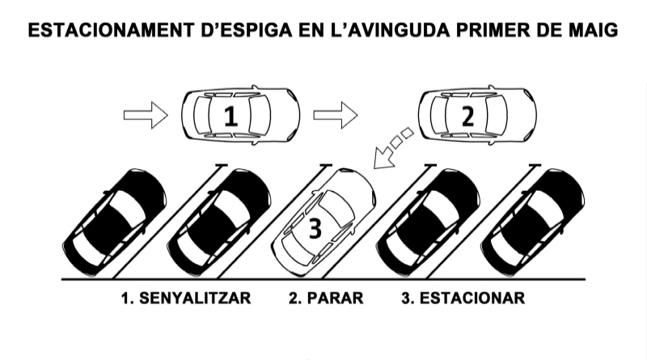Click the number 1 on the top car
[x=231, y=116]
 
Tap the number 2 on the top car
[x=467, y=116]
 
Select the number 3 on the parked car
[x=315, y=228]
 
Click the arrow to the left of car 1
[x=145, y=116]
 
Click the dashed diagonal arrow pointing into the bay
[x=392, y=149]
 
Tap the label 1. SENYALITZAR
[x=186, y=298]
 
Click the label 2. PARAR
[x=326, y=298]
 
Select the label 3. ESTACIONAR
[x=463, y=298]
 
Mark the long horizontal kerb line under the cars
[x=323, y=280]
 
